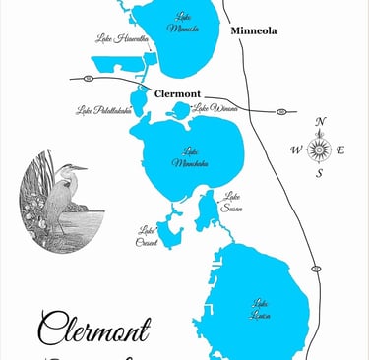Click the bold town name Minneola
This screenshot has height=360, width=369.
pos(253,31)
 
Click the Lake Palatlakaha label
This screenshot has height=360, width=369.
pos(103,111)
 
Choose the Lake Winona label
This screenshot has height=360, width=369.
pos(214,108)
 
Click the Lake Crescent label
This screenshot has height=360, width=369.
pos(147,235)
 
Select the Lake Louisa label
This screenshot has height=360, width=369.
pos(261,308)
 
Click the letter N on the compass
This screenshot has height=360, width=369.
pos(320,122)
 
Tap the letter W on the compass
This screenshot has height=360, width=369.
pos(296,150)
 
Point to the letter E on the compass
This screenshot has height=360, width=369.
pos(341,150)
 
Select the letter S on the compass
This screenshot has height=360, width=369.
pos(319,174)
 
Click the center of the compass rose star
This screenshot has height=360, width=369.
pos(319,150)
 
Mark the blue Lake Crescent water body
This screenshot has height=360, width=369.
pos(170,229)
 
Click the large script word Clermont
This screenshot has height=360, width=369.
pos(94,330)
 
